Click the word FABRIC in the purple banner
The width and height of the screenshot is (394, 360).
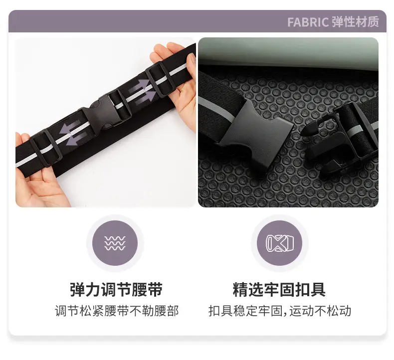pyautogui.click(x=308, y=22)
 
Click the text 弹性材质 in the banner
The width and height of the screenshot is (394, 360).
pyautogui.click(x=355, y=21)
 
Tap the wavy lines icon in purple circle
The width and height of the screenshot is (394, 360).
pyautogui.click(x=115, y=243)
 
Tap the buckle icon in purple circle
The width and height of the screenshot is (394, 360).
pyautogui.click(x=280, y=243)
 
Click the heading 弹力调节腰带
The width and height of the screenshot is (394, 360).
pyautogui.click(x=116, y=289)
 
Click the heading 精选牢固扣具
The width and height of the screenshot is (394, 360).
pyautogui.click(x=279, y=289)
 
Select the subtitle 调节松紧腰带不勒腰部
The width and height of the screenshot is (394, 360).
pyautogui.click(x=117, y=311)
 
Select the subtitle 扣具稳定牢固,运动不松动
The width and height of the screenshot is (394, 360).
pyautogui.click(x=280, y=311)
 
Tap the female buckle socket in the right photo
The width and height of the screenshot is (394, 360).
pyautogui.click(x=256, y=126)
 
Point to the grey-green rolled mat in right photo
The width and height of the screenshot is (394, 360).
pyautogui.click(x=288, y=53)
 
